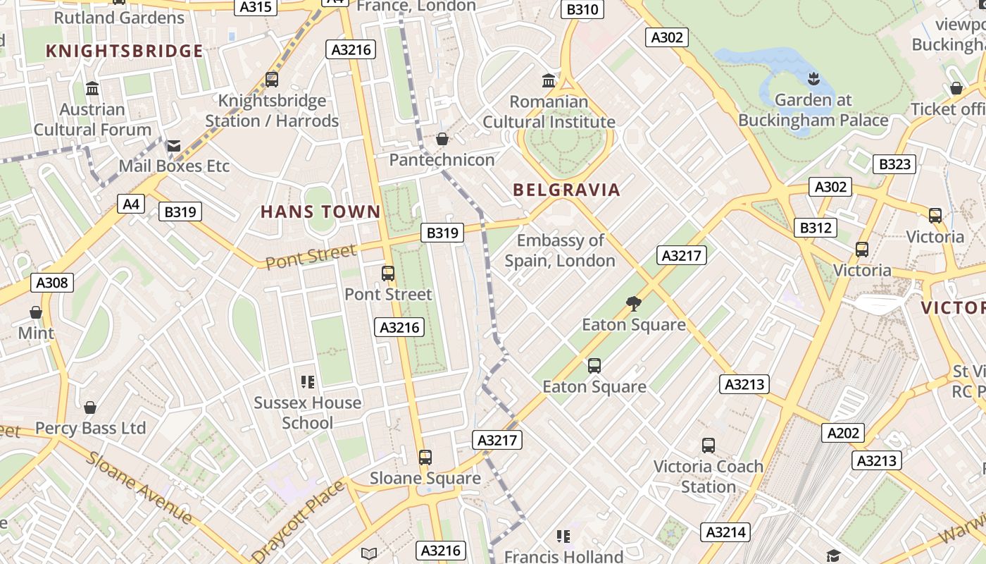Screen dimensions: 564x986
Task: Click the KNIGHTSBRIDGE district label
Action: [124, 51]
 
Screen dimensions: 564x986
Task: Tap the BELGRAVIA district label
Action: [566, 190]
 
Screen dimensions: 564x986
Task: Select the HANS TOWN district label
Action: [320, 211]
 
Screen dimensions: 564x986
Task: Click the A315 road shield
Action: [254, 6]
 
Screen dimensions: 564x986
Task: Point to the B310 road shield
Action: [582, 9]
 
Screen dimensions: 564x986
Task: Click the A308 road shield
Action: [52, 283]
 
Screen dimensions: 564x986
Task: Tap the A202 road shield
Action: [842, 432]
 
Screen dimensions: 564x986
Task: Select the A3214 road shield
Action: [725, 532]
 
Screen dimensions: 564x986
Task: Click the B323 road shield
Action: [895, 164]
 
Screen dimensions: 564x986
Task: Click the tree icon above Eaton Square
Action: [633, 304]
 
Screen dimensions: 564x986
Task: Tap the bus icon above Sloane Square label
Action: [425, 458]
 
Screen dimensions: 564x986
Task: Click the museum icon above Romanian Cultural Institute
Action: [549, 80]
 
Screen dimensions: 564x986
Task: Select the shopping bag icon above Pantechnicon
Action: [442, 139]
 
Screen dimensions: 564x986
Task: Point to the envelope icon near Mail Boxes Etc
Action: [173, 146]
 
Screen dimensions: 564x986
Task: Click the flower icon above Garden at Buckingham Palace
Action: [813, 78]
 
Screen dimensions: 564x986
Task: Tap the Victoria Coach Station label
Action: [708, 477]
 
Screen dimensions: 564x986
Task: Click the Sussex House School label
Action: [307, 412]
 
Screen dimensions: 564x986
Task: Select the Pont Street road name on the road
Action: [311, 257]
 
